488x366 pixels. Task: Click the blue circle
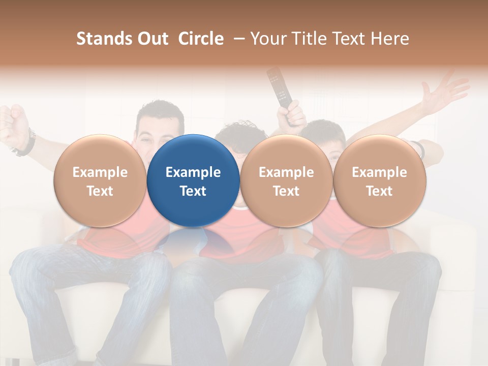pyautogui.click(x=193, y=180)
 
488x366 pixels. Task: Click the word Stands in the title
pyautogui.click(x=104, y=39)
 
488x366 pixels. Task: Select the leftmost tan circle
pyautogui.click(x=100, y=180)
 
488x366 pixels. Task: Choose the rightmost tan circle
pyautogui.click(x=379, y=180)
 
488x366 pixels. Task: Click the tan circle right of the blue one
pyautogui.click(x=286, y=180)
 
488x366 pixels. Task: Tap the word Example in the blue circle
pyautogui.click(x=193, y=172)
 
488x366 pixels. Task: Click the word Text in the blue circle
pyautogui.click(x=193, y=191)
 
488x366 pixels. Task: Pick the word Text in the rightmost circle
pyautogui.click(x=379, y=191)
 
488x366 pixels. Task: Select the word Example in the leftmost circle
pyautogui.click(x=100, y=172)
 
